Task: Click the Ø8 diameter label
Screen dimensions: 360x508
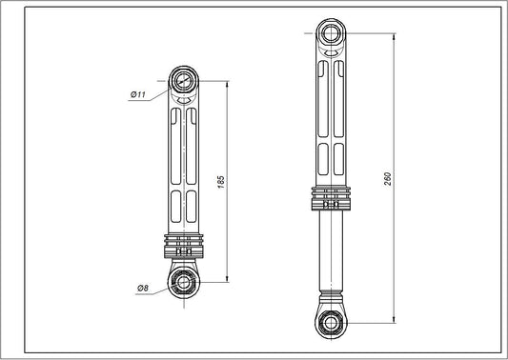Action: [143, 288]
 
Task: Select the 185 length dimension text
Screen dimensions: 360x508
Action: [221, 181]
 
